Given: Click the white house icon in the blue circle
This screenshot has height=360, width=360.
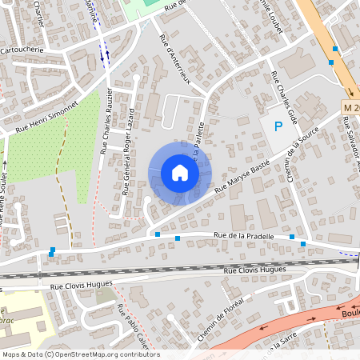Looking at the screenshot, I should point(180,173).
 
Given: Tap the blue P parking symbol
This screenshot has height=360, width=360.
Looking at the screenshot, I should point(278,126).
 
